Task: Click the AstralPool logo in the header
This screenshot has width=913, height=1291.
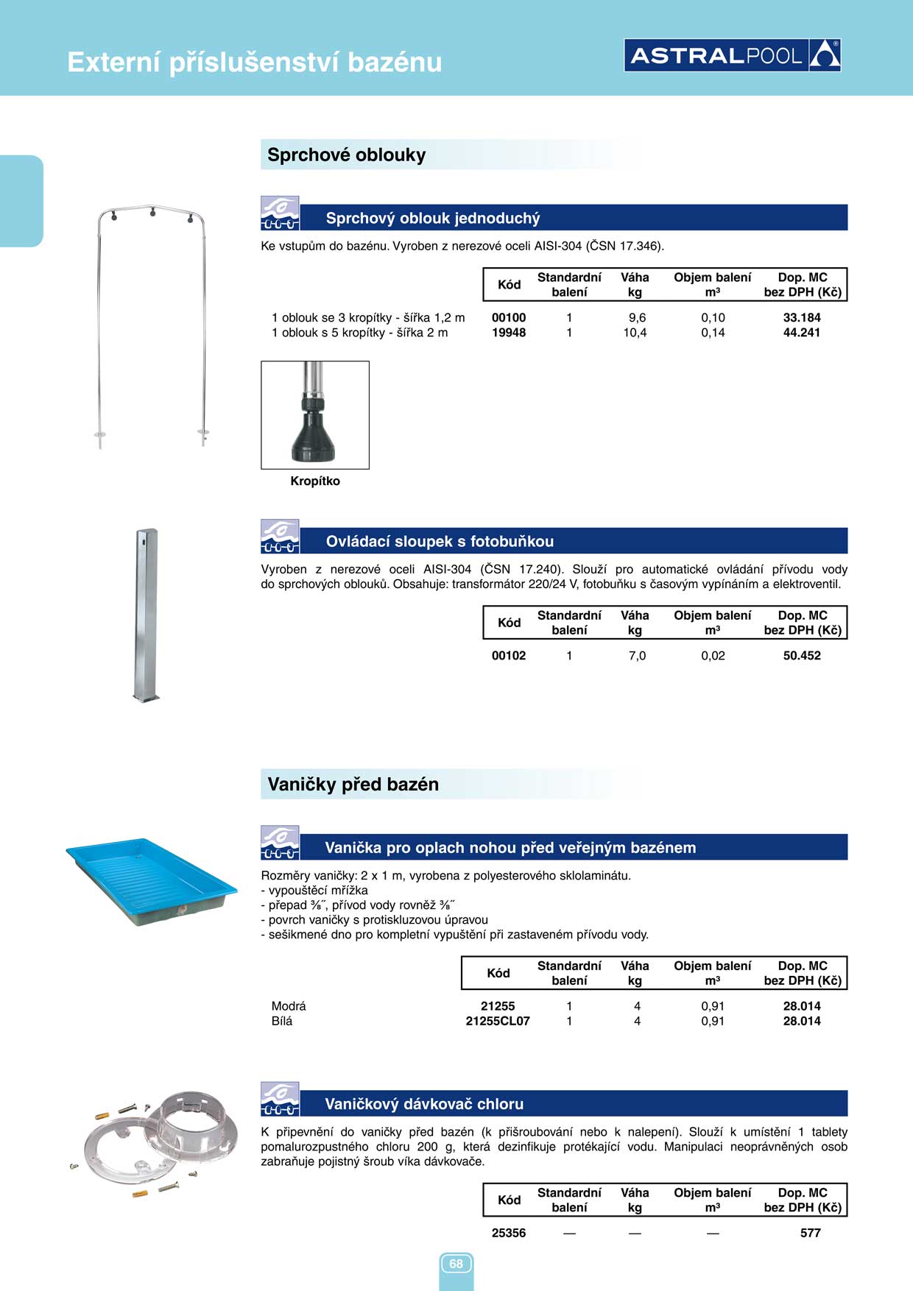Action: (x=732, y=55)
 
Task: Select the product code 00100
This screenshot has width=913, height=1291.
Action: (x=509, y=318)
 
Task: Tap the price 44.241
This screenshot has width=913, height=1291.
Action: (x=801, y=333)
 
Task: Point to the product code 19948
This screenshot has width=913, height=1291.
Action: (x=509, y=333)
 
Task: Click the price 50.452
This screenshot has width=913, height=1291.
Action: (x=801, y=656)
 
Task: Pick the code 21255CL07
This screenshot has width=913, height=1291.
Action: (x=498, y=1021)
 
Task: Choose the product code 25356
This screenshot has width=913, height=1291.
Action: (x=509, y=1233)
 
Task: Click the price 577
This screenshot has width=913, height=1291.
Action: (x=810, y=1233)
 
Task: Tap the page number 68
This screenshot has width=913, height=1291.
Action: (x=456, y=1264)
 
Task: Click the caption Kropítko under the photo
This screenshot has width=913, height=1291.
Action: (x=315, y=481)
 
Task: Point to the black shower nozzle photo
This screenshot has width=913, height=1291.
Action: (x=315, y=415)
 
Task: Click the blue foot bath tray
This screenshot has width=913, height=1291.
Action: (x=151, y=880)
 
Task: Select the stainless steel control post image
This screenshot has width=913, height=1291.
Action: (x=147, y=615)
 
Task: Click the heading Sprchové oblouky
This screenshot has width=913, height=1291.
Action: (x=347, y=155)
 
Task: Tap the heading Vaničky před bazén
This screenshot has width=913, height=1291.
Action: (x=353, y=785)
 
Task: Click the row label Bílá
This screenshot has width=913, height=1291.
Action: (x=282, y=1021)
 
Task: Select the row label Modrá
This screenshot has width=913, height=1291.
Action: (x=289, y=1006)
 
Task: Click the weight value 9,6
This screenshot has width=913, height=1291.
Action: (x=637, y=318)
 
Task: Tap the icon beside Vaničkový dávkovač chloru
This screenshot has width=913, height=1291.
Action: (x=280, y=1100)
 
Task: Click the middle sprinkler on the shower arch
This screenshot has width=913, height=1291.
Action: (x=152, y=213)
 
